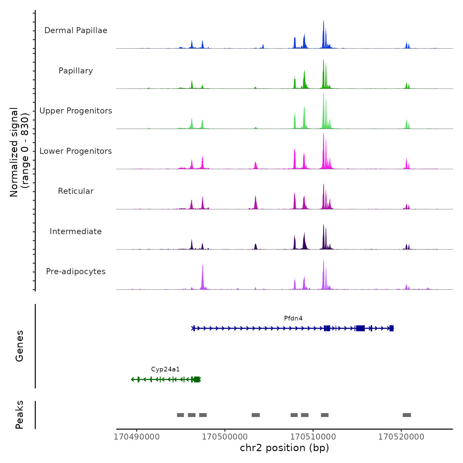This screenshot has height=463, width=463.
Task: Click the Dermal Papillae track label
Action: click(x=76, y=30)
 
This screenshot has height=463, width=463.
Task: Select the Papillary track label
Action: click(x=76, y=71)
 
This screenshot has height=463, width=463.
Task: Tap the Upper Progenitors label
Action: click(x=76, y=111)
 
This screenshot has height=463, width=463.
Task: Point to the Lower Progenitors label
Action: click(x=76, y=151)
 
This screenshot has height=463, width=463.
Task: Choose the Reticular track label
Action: click(x=76, y=191)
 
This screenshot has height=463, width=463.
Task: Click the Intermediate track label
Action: click(x=76, y=232)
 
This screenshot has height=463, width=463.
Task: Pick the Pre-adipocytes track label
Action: click(x=76, y=272)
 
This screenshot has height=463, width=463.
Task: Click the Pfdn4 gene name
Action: click(x=293, y=318)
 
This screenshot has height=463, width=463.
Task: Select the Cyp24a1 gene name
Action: click(x=165, y=369)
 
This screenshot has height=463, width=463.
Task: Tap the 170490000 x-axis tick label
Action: click(x=137, y=437)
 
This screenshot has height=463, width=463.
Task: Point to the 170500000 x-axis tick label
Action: click(x=225, y=437)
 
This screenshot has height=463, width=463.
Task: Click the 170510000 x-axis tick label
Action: click(x=313, y=437)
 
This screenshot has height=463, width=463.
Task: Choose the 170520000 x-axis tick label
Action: click(x=401, y=437)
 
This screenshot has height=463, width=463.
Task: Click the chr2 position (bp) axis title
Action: click(x=284, y=448)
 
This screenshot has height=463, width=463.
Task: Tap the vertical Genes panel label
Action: click(x=20, y=346)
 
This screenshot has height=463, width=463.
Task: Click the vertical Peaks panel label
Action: click(x=20, y=415)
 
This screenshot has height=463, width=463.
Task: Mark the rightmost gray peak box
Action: click(x=407, y=415)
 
